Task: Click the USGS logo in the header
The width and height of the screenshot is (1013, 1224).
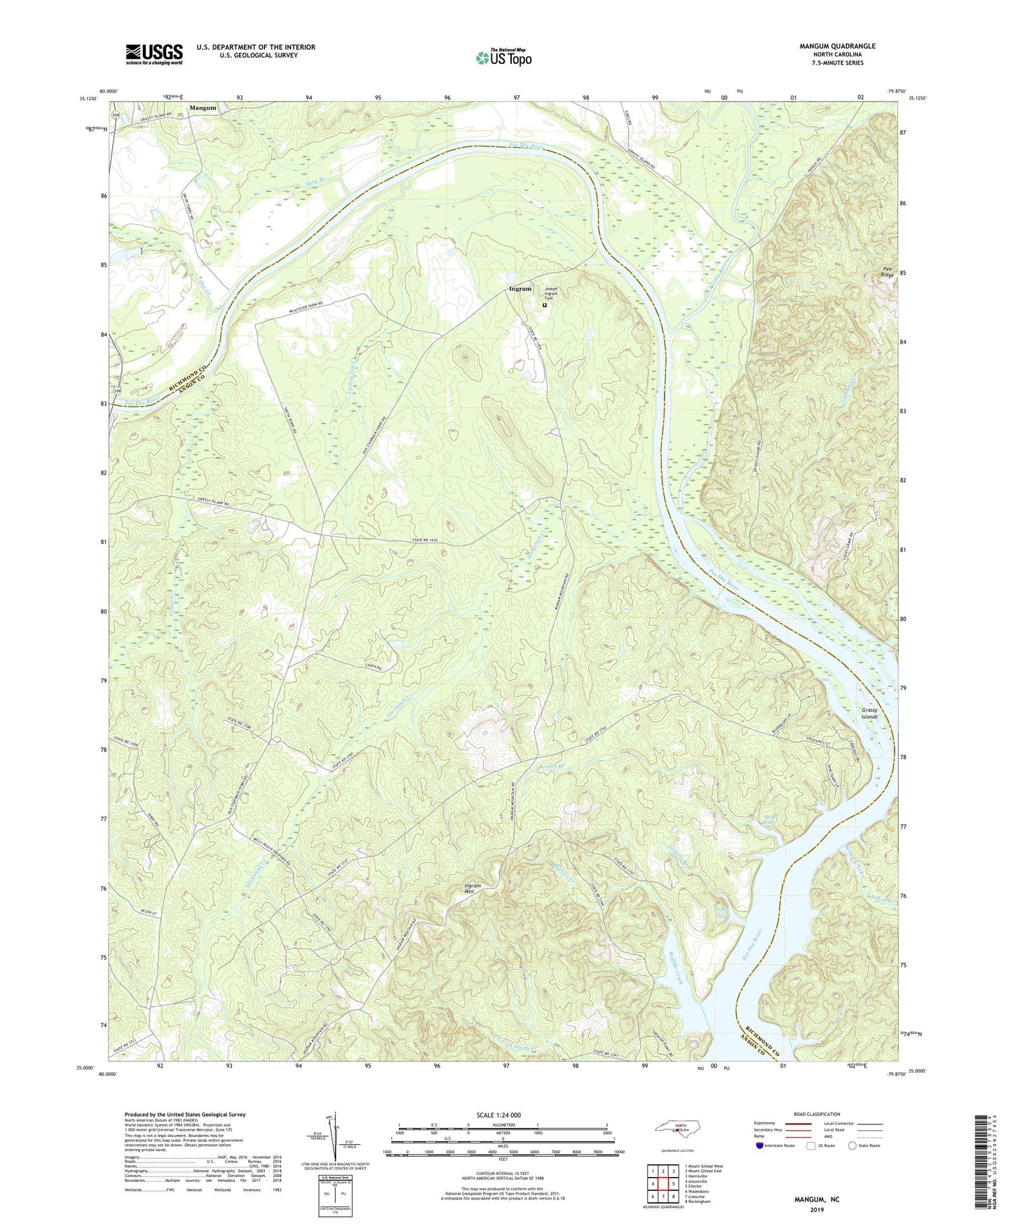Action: coord(154,54)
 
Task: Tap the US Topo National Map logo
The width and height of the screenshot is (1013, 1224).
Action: coord(503,57)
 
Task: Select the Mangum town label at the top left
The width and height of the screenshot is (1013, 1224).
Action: coord(203,109)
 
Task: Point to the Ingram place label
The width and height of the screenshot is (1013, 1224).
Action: coord(520,289)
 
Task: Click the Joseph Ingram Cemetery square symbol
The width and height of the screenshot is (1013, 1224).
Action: coord(545,305)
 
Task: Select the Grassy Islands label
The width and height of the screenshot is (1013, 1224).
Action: coord(869,714)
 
